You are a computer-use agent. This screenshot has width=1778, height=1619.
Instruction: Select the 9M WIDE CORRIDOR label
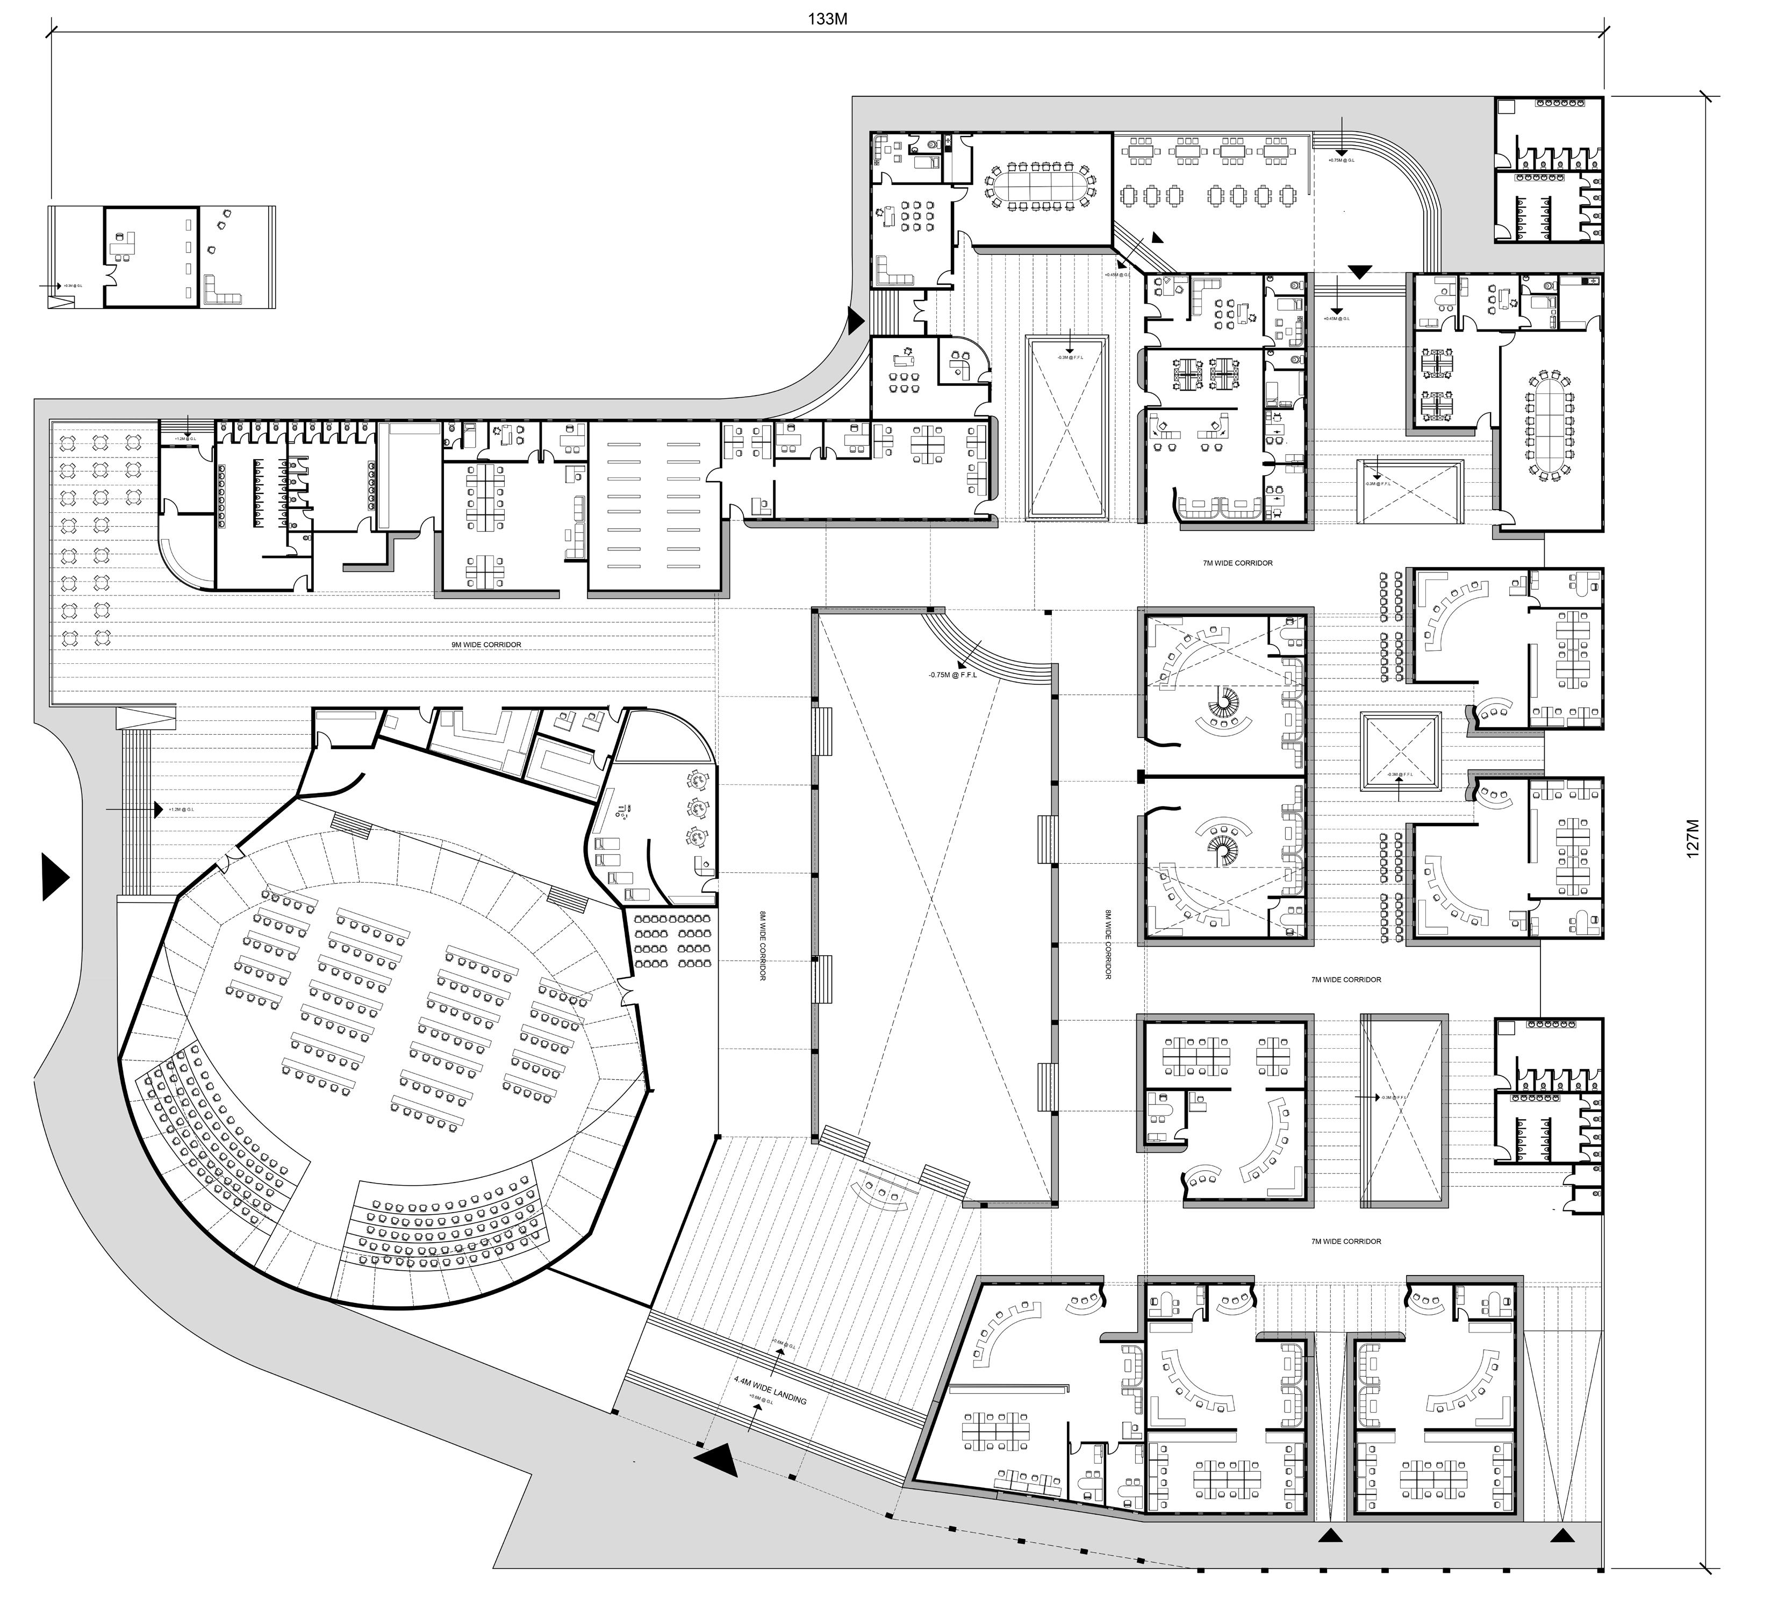tap(486, 644)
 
